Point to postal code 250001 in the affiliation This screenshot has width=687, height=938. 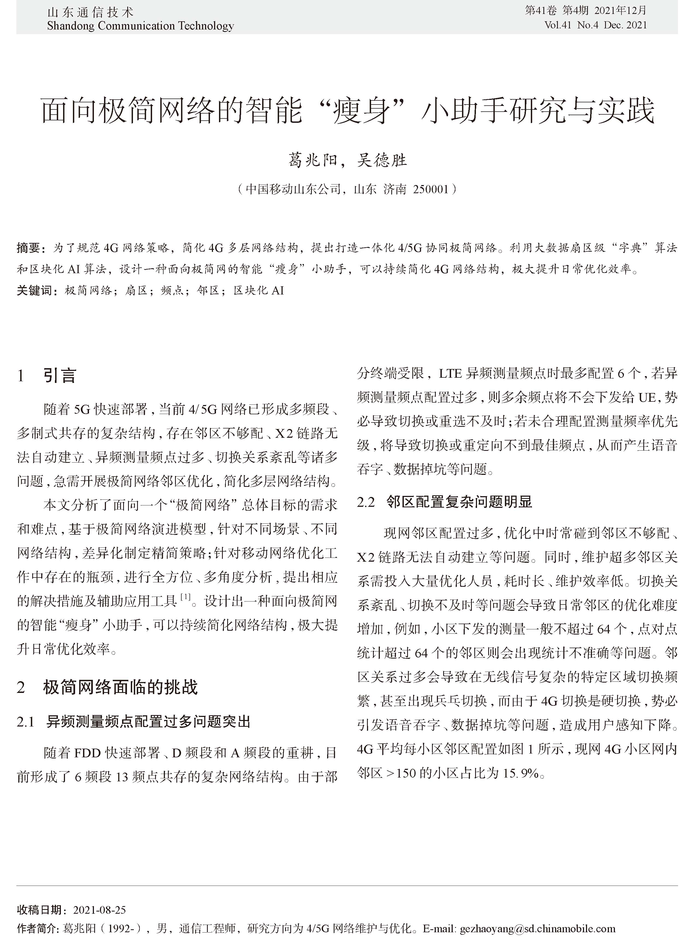tap(431, 189)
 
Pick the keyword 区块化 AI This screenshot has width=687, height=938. tap(258, 290)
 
